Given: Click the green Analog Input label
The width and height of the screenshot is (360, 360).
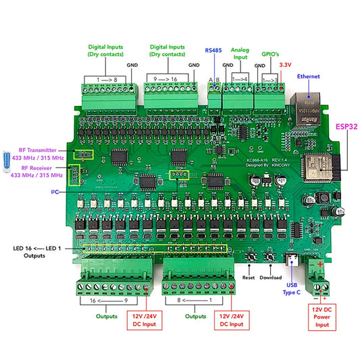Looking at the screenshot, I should pos(240,54).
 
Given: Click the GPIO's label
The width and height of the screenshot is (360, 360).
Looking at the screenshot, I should pos(269,50).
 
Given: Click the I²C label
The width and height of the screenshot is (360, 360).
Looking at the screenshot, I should pos(54,192).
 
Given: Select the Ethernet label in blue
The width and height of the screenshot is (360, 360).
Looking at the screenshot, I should pos(309,76).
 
